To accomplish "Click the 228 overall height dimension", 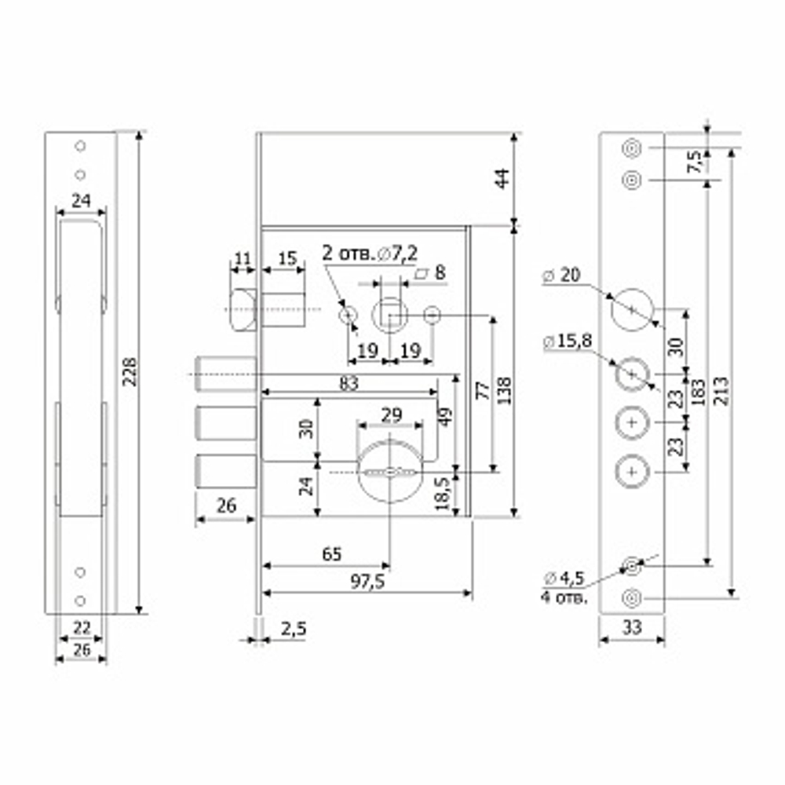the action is click(x=130, y=371).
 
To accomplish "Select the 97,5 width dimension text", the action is click(x=367, y=582).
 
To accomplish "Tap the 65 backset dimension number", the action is click(x=332, y=554).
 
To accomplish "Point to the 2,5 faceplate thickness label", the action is click(x=294, y=629).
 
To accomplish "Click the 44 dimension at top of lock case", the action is click(x=502, y=179).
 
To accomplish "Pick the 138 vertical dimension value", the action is click(x=505, y=391).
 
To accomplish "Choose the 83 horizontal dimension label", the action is click(x=349, y=384).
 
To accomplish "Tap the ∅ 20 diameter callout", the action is click(x=561, y=275).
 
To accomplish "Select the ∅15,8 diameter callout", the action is click(x=568, y=341).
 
